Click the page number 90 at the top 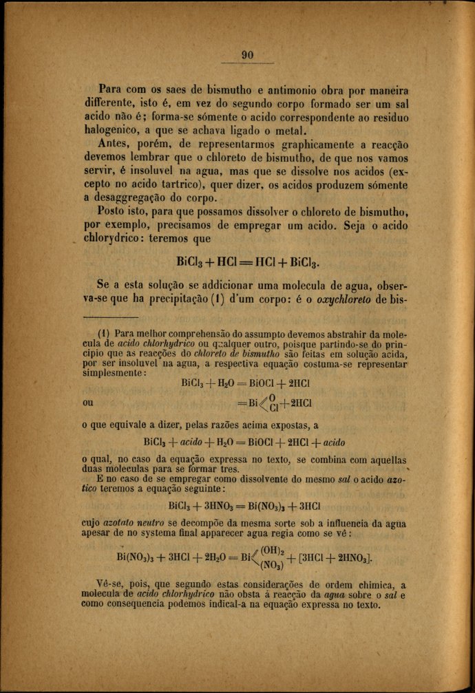tap(248, 56)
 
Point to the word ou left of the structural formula tap(87, 403)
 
